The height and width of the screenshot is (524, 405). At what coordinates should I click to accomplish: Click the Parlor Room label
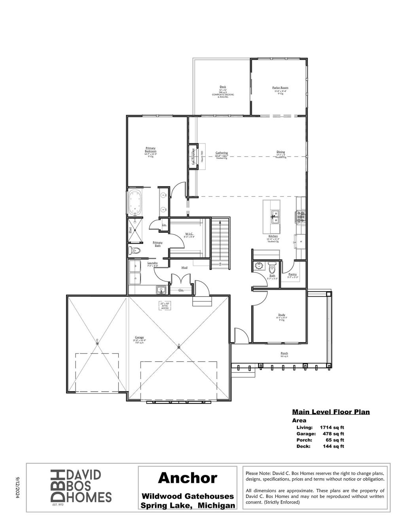(280, 88)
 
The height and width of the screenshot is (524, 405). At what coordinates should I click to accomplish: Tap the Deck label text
(223, 87)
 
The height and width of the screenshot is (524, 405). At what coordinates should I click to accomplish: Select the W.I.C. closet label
(189, 234)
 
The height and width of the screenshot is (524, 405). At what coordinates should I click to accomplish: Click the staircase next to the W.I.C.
(220, 243)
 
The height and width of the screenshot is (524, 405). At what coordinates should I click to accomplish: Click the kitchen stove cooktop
(299, 217)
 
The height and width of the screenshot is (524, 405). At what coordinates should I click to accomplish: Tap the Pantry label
(292, 274)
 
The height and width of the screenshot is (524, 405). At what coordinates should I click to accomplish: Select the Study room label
(281, 315)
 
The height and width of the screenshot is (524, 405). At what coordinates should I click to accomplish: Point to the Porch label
(284, 353)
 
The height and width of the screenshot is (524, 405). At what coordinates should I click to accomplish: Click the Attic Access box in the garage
(165, 305)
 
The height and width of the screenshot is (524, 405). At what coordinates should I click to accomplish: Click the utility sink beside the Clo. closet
(161, 290)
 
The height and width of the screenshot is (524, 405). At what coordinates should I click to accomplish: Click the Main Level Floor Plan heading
(331, 412)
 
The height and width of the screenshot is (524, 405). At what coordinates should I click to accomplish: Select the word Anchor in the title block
(187, 478)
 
